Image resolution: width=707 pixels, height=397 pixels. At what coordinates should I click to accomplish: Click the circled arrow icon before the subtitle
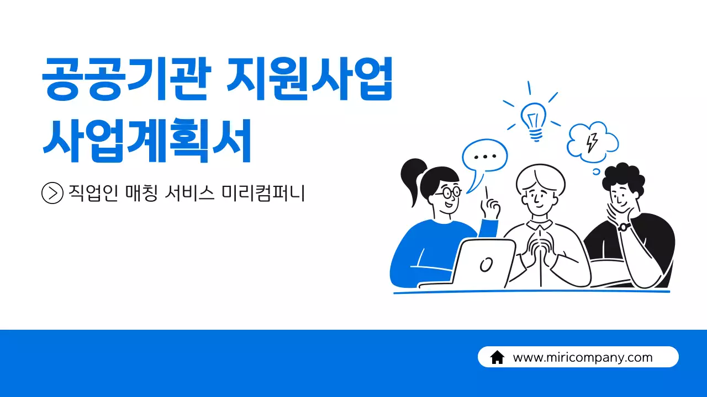52,193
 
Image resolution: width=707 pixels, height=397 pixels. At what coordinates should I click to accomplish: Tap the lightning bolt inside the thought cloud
592,142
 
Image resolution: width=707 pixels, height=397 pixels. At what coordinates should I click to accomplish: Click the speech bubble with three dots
484,157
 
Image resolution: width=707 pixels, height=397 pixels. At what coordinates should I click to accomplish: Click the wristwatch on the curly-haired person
624,226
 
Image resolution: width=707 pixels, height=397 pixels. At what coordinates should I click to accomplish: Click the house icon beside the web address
497,357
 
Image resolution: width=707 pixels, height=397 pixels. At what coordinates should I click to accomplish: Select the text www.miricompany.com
583,357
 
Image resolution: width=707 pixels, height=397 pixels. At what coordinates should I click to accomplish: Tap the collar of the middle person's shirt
539,224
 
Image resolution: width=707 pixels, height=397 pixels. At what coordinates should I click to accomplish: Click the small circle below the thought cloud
596,171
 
